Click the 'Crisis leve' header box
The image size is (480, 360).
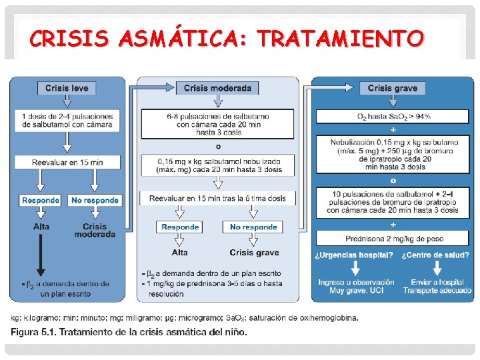pos(66,88)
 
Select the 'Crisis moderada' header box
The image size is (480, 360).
pos(217,88)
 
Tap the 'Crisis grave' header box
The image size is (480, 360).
pos(392,88)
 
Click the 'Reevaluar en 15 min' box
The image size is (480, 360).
pos(67,162)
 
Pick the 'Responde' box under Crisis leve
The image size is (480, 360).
pos(41,200)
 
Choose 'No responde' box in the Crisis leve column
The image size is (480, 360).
pos(95,200)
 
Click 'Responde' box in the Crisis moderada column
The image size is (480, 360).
pos(180,227)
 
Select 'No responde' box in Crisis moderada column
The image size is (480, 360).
pos(253,227)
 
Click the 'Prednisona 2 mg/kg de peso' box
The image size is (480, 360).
pos(392,238)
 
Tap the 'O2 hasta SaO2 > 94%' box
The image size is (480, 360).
pos(392,117)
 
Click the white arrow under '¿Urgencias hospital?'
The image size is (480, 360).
pos(355,268)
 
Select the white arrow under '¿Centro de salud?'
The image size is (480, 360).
pos(437,268)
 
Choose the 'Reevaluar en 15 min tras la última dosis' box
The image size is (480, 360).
pos(217,198)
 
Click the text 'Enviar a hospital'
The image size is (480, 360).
pos(437,282)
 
